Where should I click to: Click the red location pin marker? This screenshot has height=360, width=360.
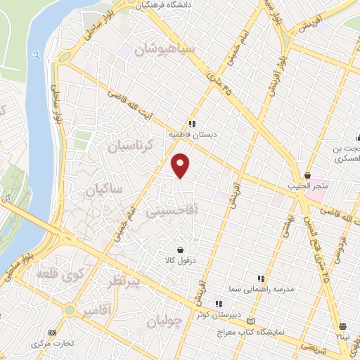[x=181, y=165]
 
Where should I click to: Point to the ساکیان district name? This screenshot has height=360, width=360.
[x=103, y=190]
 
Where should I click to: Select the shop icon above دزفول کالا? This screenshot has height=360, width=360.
[x=181, y=250]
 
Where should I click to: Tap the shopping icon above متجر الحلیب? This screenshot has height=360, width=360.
[x=308, y=175]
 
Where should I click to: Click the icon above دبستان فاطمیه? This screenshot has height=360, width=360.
[x=192, y=124]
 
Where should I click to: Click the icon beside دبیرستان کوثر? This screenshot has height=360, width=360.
[x=219, y=304]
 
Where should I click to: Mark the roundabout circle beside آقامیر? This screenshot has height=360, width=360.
[x=70, y=309]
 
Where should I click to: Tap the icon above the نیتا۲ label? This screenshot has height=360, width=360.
[x=342, y=326]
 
